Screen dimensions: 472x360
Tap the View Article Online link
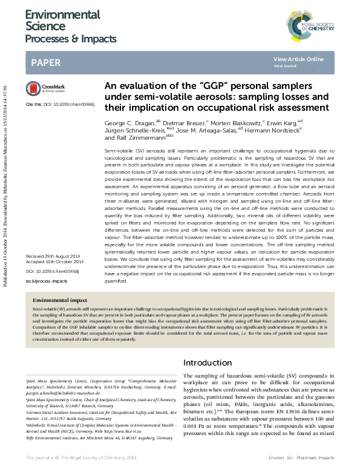[x=298, y=59]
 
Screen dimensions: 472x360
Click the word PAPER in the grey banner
[x=45, y=62]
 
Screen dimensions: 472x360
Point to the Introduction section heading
[x=208, y=362]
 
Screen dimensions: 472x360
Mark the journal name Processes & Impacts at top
[x=70, y=39]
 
